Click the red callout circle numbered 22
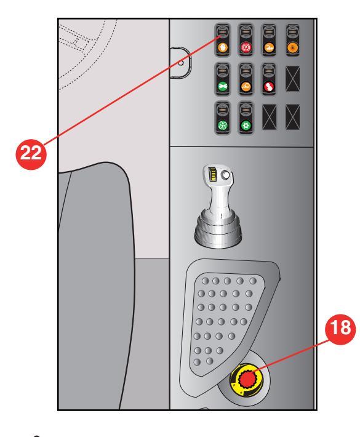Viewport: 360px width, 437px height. point(31,154)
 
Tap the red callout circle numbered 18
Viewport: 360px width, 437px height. point(340,329)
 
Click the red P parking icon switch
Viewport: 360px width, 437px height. point(246,47)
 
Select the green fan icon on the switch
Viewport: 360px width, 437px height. point(222,126)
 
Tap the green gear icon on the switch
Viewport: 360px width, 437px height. point(246,126)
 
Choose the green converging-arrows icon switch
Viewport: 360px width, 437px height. point(222,86)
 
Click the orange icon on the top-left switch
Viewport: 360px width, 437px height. point(222,47)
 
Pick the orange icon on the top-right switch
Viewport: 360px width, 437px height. point(293,47)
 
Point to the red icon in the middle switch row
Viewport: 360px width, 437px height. point(269,86)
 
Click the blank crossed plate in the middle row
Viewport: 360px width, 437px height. point(293,79)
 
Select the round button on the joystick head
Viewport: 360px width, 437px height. point(225,175)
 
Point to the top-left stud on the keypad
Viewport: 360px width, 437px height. point(205,281)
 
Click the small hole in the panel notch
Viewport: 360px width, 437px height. point(180,63)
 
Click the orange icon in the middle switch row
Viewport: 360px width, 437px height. point(246,86)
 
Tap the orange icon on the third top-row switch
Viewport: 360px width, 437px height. point(269,47)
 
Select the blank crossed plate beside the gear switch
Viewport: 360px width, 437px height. point(270,117)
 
